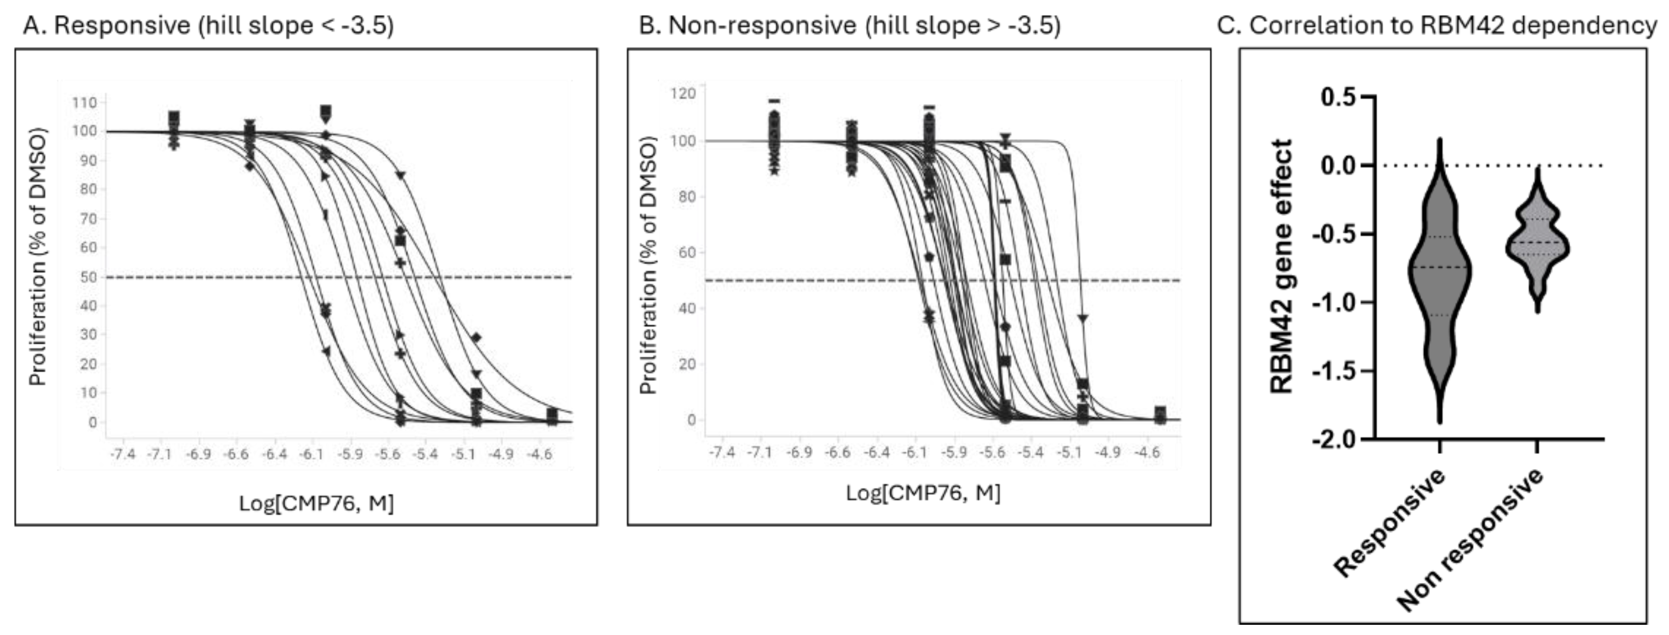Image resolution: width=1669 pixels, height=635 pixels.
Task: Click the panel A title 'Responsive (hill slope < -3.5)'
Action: (x=207, y=25)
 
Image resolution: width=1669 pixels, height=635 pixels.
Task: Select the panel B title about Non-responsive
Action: (x=850, y=25)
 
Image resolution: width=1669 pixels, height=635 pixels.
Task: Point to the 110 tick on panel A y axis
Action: (x=84, y=103)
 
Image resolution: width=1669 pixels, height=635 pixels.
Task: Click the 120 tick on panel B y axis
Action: (x=684, y=93)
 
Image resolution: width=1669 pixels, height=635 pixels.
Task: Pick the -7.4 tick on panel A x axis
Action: (x=123, y=454)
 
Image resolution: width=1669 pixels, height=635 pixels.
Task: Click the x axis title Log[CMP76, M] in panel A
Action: (x=316, y=503)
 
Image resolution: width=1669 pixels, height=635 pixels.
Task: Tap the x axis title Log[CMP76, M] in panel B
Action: (x=923, y=493)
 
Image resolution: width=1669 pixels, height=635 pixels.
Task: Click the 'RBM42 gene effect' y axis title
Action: (x=1281, y=266)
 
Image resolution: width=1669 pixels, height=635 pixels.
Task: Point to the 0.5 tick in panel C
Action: (x=1339, y=97)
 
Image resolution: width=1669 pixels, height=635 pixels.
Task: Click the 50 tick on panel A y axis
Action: (x=88, y=277)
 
